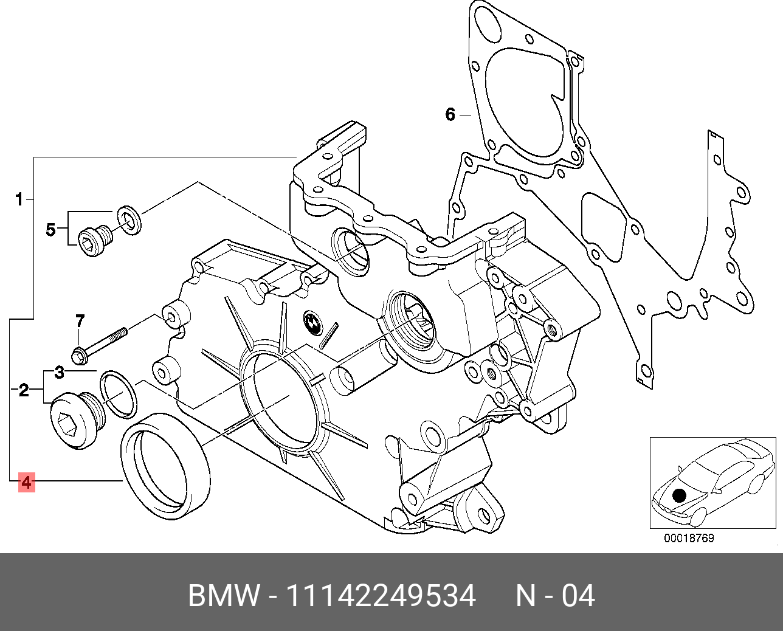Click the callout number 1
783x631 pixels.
point(19,199)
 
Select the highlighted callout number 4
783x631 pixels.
point(26,483)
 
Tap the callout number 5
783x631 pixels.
point(51,230)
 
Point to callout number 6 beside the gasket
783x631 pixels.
point(450,114)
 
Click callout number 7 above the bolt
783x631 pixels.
point(80,320)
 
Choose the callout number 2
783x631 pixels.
point(24,390)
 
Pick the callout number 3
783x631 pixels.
point(59,372)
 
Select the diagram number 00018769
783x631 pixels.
point(689,538)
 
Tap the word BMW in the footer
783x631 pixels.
point(224,596)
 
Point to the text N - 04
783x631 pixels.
point(555,596)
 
